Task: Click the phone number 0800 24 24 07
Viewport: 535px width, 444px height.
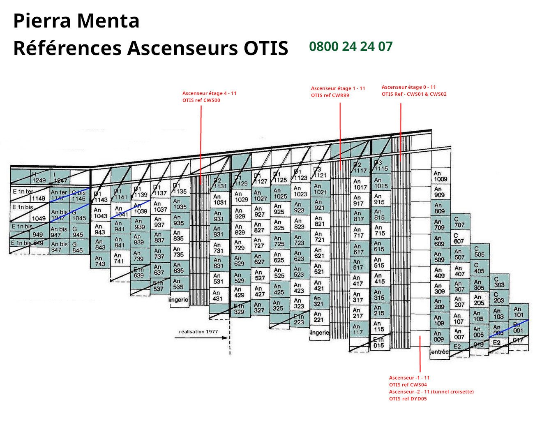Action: pos(351,46)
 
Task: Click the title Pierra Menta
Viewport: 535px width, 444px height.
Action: pos(76,21)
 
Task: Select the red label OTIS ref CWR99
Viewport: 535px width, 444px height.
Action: pos(330,95)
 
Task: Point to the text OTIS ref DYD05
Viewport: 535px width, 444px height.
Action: pos(408,399)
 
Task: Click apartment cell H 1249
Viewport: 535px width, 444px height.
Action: pos(39,178)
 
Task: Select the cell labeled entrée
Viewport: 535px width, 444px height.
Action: pos(440,352)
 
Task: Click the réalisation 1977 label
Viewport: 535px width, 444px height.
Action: pos(198,331)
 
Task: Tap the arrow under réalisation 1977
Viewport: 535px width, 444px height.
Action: pos(201,338)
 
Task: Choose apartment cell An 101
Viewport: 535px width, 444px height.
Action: pos(519,312)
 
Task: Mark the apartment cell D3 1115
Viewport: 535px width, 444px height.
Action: pos(380,166)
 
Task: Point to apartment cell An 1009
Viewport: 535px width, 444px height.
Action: pos(440,176)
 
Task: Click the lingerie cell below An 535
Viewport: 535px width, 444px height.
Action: pos(179,300)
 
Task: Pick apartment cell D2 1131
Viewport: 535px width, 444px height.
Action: pos(219,183)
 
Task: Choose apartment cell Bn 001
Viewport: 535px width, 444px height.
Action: pos(518,328)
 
